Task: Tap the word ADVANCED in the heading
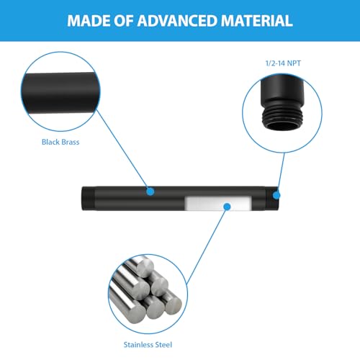(177, 21)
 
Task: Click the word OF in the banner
(123, 21)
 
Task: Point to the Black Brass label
(60, 142)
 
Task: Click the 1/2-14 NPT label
(283, 63)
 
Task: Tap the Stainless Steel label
(148, 345)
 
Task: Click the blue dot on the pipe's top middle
(150, 192)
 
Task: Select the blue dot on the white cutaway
(227, 207)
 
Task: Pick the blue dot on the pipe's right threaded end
(276, 195)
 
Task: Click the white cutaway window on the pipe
(218, 204)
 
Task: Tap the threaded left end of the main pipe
(88, 199)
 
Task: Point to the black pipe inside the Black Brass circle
(60, 92)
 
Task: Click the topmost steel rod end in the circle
(145, 266)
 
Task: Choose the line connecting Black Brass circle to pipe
(122, 150)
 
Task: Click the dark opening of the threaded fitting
(282, 126)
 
